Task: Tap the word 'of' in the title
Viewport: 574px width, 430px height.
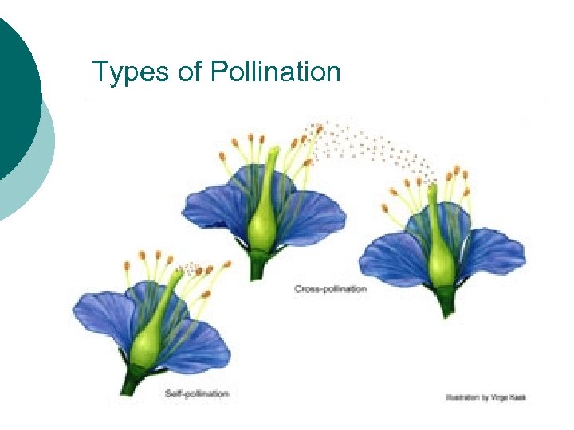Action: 191,72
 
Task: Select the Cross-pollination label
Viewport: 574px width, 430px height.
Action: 330,289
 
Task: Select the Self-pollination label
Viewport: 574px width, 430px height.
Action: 197,393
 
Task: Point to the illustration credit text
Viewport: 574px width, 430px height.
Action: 486,397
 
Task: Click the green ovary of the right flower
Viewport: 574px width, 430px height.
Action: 441,263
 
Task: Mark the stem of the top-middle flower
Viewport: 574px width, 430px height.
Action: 257,266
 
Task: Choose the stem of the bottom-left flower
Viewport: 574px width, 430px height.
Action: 132,382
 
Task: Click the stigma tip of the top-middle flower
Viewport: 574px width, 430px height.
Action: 273,150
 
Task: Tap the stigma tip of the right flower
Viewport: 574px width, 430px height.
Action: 432,189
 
